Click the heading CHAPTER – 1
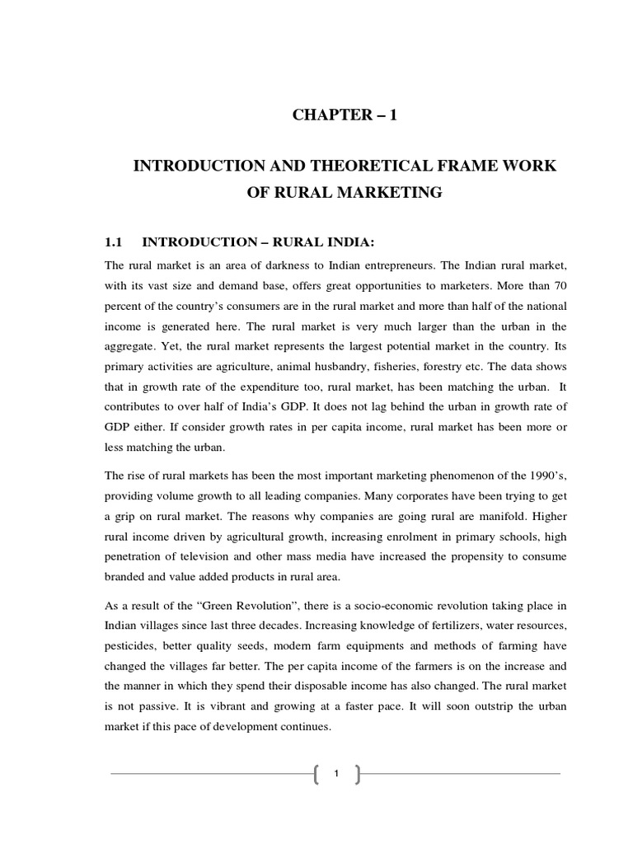(x=345, y=115)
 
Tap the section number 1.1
(x=113, y=242)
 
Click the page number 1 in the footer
(x=336, y=773)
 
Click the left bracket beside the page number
(x=317, y=773)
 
